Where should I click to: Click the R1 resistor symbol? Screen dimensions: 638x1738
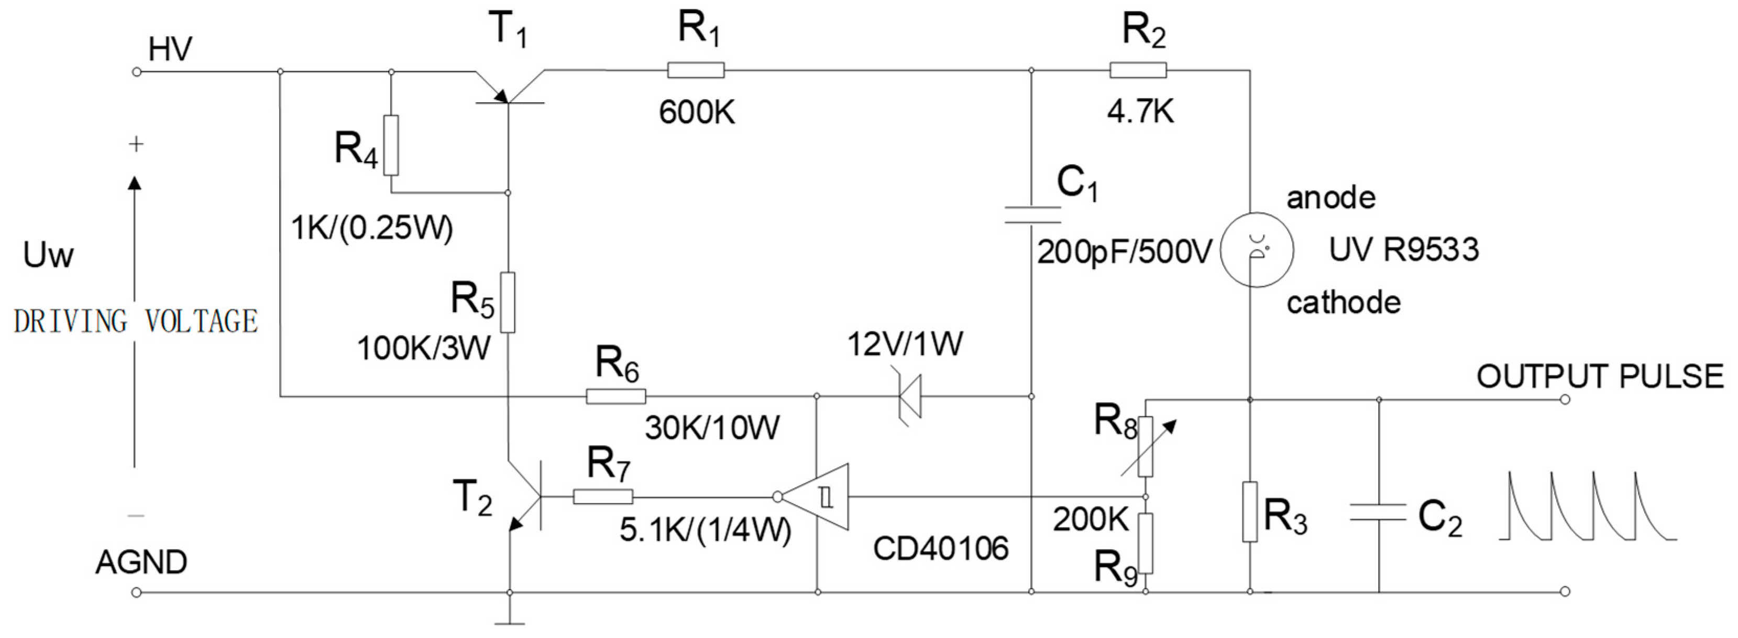coord(696,70)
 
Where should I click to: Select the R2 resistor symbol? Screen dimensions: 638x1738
coord(1138,70)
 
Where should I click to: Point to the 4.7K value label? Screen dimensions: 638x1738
coord(1140,111)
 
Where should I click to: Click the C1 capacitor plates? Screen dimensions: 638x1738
coord(1031,215)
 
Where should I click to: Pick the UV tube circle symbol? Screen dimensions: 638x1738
coord(1257,250)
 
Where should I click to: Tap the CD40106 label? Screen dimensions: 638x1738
coord(941,548)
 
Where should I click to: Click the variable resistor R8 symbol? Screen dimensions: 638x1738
coord(1146,446)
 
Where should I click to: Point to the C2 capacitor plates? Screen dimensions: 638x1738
coord(1378,512)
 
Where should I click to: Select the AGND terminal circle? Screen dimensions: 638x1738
coord(136,593)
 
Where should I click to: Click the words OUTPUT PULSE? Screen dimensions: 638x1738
coord(1600,376)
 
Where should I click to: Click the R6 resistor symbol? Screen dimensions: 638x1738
coord(615,396)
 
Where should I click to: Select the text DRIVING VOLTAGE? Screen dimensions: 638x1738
coord(136,321)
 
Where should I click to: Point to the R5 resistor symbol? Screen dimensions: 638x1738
coord(508,302)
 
